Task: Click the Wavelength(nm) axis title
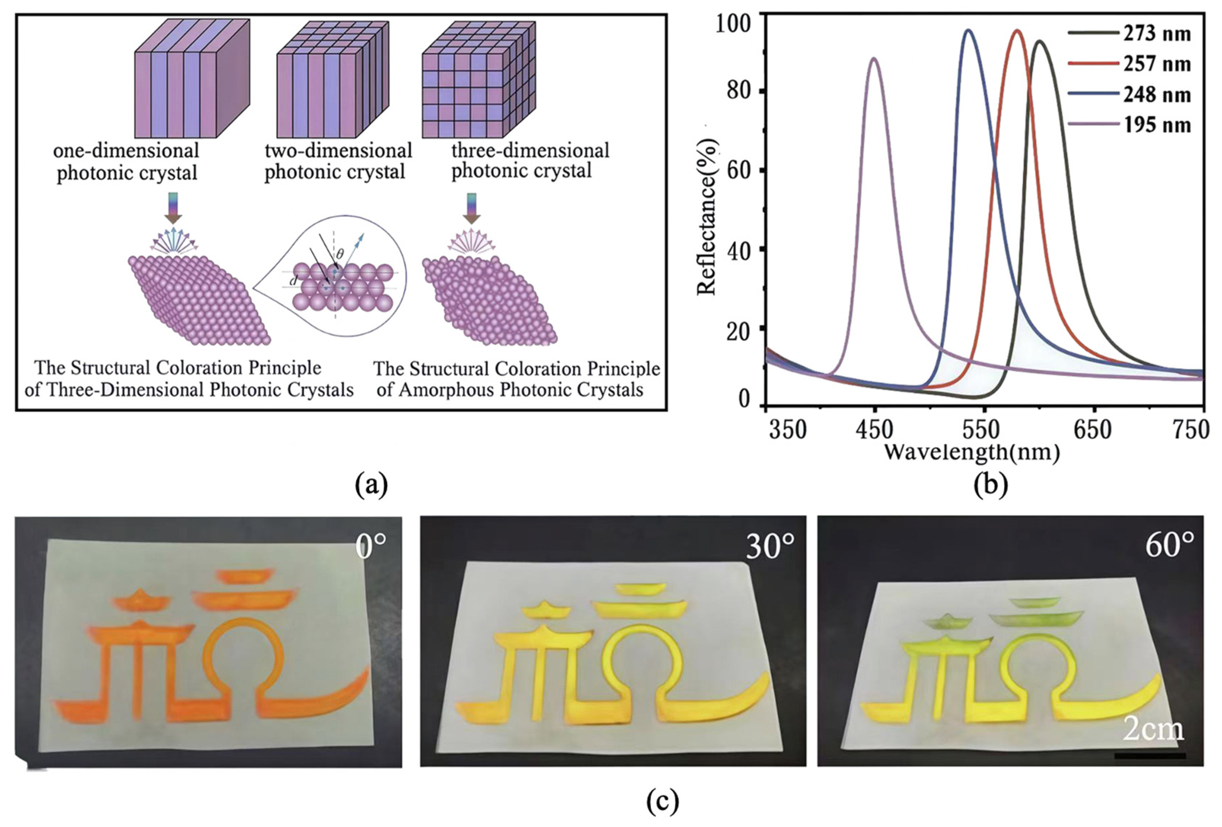pyautogui.click(x=972, y=452)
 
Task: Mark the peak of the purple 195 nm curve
pyautogui.click(x=874, y=58)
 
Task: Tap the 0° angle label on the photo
pyautogui.click(x=371, y=547)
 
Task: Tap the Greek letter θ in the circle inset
pyautogui.click(x=340, y=254)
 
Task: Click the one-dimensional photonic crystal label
pyautogui.click(x=126, y=162)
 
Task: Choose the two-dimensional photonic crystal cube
pyautogui.click(x=333, y=79)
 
